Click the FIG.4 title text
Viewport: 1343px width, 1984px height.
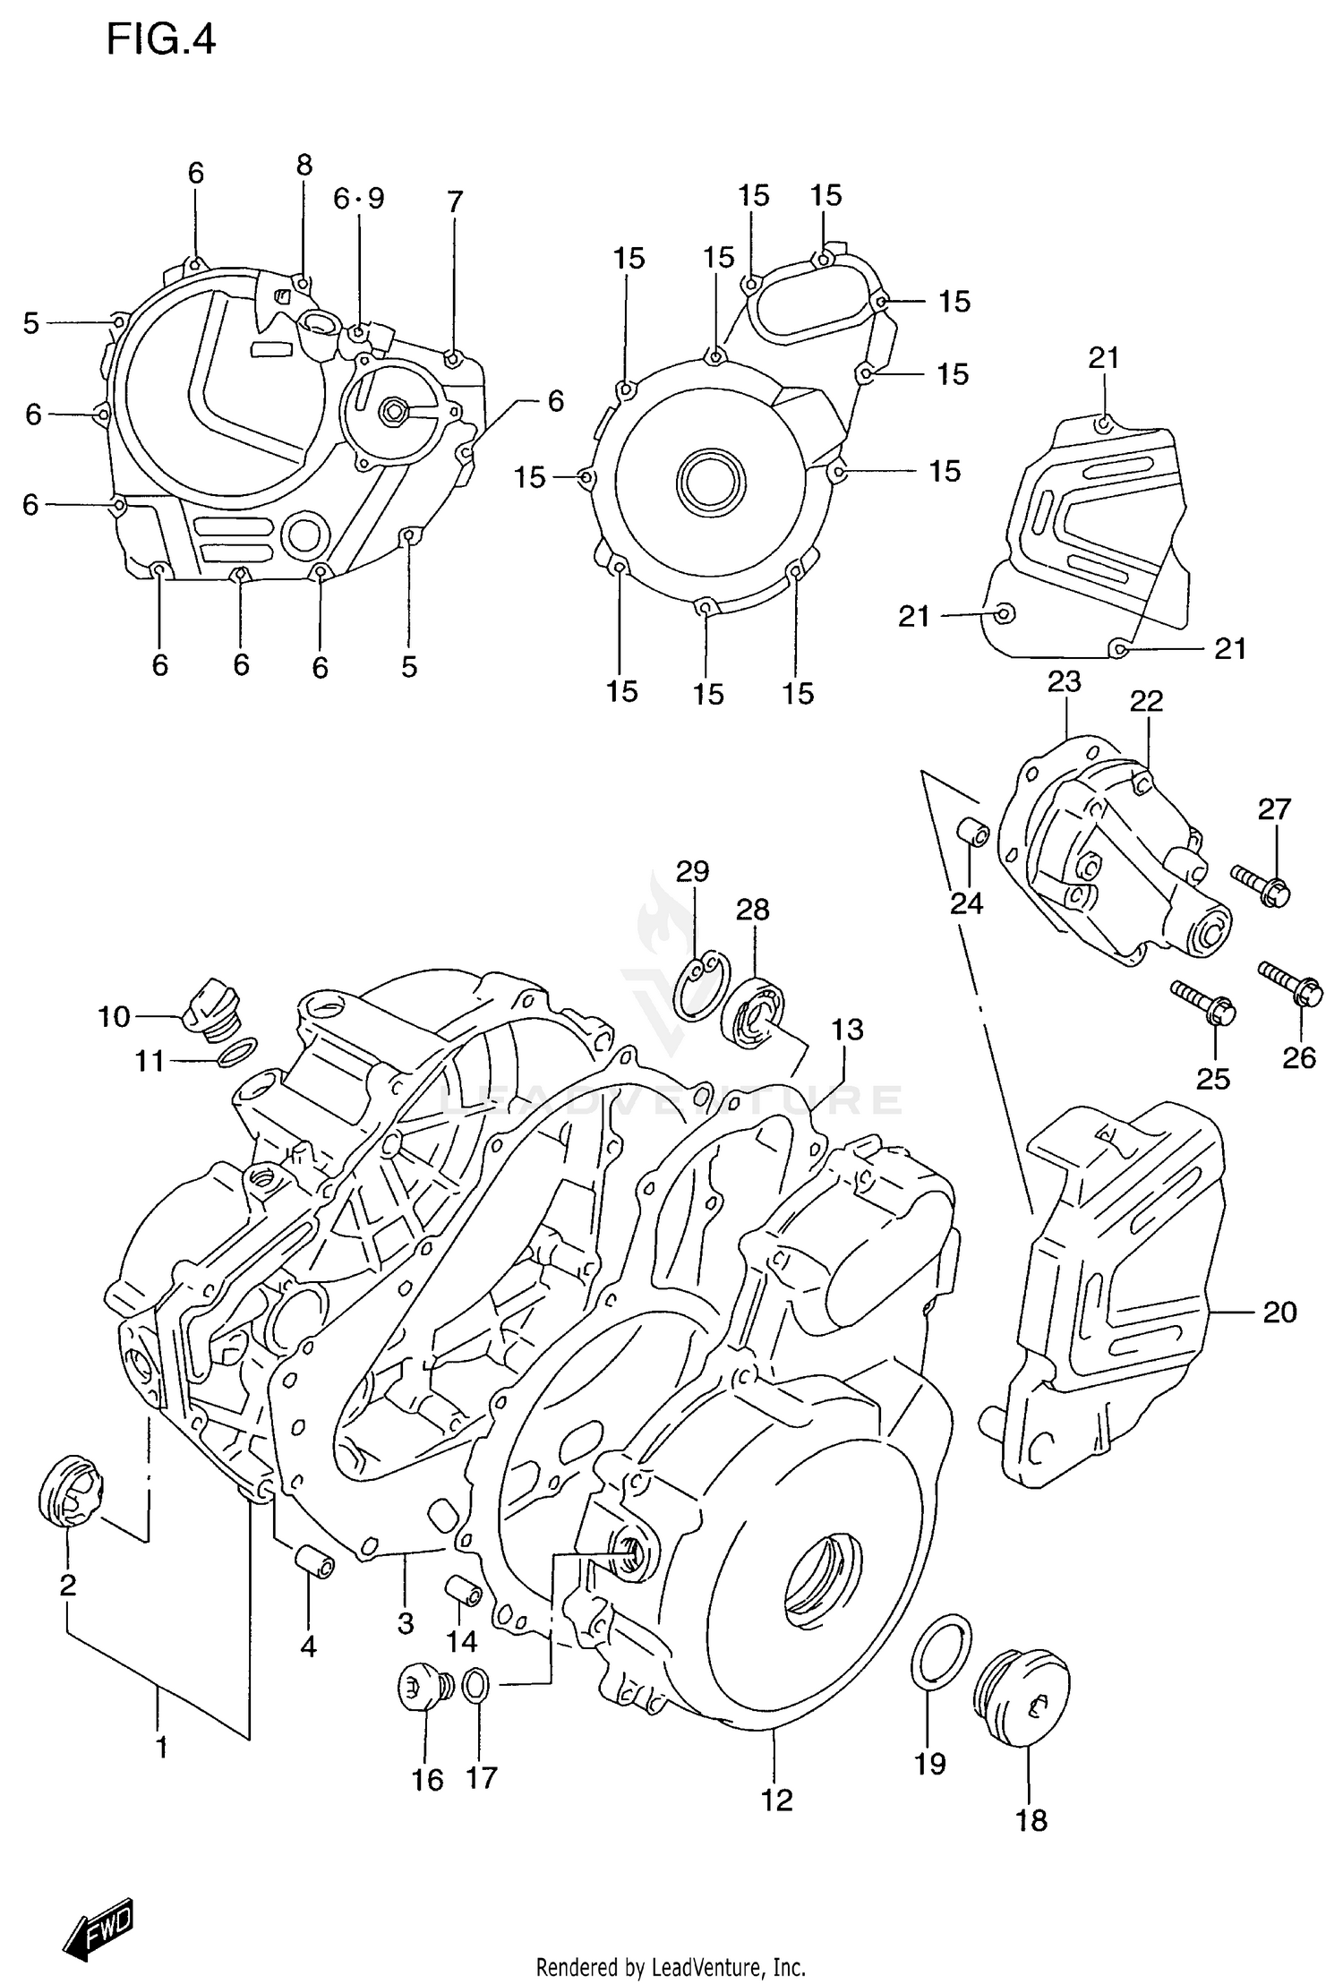tap(161, 40)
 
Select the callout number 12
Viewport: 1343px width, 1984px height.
tap(776, 1800)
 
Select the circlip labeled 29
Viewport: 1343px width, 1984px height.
tap(701, 984)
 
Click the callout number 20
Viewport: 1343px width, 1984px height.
tap(1279, 1313)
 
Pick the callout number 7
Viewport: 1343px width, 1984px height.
tap(455, 202)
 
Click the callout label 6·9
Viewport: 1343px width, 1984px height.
tap(358, 199)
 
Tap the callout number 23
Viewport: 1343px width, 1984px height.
tap(1064, 682)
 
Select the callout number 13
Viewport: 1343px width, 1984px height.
tap(847, 1030)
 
